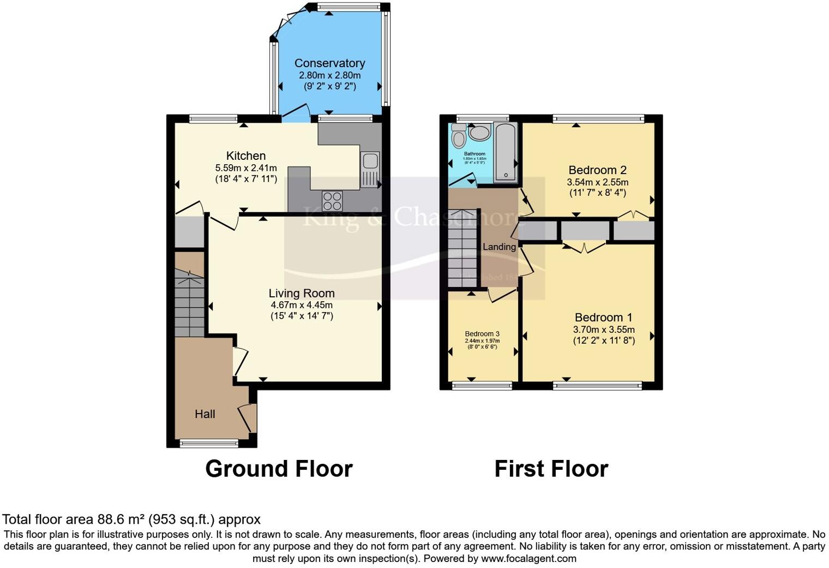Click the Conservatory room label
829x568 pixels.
click(x=329, y=63)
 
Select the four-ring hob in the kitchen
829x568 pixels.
click(x=332, y=201)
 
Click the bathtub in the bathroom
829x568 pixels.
click(x=505, y=152)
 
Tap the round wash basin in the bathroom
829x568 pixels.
click(x=479, y=133)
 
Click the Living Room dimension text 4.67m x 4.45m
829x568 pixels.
click(x=302, y=305)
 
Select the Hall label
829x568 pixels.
click(x=205, y=414)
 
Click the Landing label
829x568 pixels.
click(x=499, y=247)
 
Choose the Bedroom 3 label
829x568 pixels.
click(x=482, y=334)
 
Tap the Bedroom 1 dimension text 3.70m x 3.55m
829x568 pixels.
click(x=604, y=330)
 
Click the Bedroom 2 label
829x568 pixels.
click(x=598, y=170)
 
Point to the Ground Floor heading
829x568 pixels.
click(x=279, y=469)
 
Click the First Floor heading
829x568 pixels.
click(x=551, y=469)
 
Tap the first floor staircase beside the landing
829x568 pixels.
click(x=462, y=248)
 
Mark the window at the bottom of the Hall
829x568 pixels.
click(x=209, y=444)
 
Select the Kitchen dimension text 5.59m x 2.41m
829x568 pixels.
click(x=246, y=168)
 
